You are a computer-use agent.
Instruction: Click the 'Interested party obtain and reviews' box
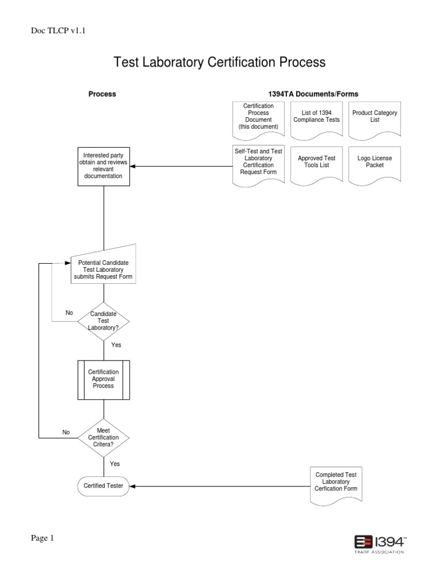coord(104,166)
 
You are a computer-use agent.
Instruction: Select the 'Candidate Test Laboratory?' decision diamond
coord(104,321)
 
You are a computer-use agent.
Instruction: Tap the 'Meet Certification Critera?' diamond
coord(104,438)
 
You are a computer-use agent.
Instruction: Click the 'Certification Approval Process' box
coord(104,379)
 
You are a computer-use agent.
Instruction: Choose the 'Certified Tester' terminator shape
coord(104,486)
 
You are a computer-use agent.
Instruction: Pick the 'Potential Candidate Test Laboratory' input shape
coord(104,267)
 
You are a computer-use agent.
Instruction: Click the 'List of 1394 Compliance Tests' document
coord(317,117)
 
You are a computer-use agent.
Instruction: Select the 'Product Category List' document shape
coord(375,117)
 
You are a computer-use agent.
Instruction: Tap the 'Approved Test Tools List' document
coord(317,163)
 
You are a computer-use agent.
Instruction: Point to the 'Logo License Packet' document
coord(375,163)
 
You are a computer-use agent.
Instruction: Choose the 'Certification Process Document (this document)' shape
coord(258,117)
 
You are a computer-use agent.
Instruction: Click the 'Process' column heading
coord(102,94)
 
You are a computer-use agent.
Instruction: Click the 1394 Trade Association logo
coord(380,544)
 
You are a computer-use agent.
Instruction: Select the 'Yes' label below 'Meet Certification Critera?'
coord(115,464)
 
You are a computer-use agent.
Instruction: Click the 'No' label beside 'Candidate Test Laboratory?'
coord(69,313)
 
